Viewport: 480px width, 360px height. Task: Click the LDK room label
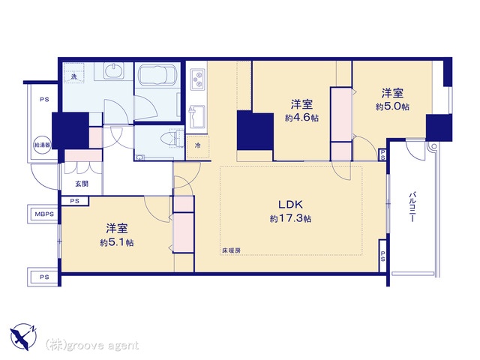(290, 204)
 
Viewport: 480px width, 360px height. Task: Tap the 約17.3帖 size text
(290, 218)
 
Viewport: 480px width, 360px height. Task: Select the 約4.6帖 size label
(301, 118)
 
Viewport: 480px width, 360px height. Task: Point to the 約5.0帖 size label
(393, 106)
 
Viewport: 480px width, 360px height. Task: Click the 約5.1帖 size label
(117, 243)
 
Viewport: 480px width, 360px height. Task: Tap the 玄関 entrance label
(82, 184)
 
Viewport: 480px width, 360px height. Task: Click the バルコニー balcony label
(412, 207)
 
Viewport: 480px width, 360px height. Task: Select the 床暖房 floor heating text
(231, 250)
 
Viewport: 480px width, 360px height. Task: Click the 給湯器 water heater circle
(42, 145)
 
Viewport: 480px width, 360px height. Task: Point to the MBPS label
(44, 214)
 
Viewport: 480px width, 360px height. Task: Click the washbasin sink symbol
(114, 70)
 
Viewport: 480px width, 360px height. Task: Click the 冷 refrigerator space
(198, 146)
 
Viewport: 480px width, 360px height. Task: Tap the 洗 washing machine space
(74, 73)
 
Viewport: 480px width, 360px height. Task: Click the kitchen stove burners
(197, 79)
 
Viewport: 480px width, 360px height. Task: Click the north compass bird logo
(23, 337)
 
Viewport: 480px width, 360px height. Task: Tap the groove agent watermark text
(92, 345)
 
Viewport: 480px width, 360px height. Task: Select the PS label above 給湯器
(44, 100)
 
